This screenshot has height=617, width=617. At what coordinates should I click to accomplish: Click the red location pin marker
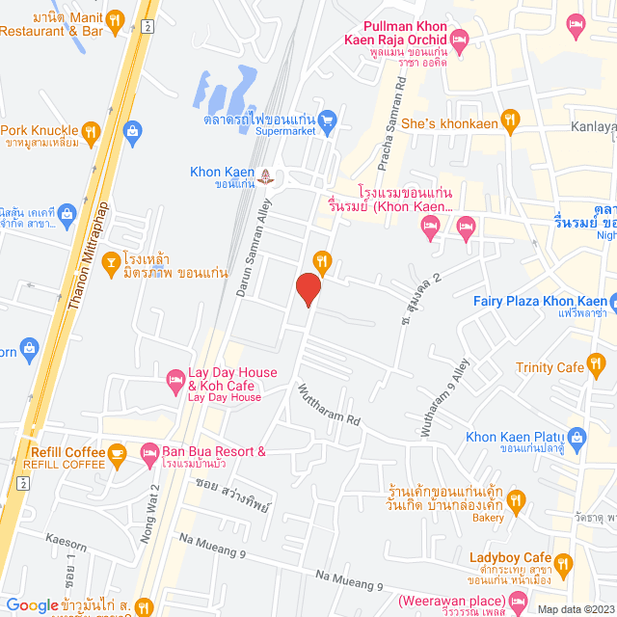click(x=308, y=289)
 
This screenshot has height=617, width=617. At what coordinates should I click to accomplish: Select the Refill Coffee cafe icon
click(x=117, y=451)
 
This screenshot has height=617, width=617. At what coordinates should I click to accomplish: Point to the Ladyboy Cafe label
click(x=509, y=558)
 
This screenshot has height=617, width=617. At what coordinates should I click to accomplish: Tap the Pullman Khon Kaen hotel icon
click(x=459, y=40)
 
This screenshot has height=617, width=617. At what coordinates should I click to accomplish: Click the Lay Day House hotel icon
click(x=175, y=379)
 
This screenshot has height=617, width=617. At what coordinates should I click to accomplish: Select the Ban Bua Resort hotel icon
click(x=149, y=451)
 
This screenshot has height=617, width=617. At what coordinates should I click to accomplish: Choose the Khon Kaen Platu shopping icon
click(x=577, y=437)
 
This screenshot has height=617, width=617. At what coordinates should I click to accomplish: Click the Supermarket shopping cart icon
click(x=327, y=121)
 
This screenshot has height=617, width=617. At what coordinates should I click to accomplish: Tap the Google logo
click(x=32, y=605)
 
